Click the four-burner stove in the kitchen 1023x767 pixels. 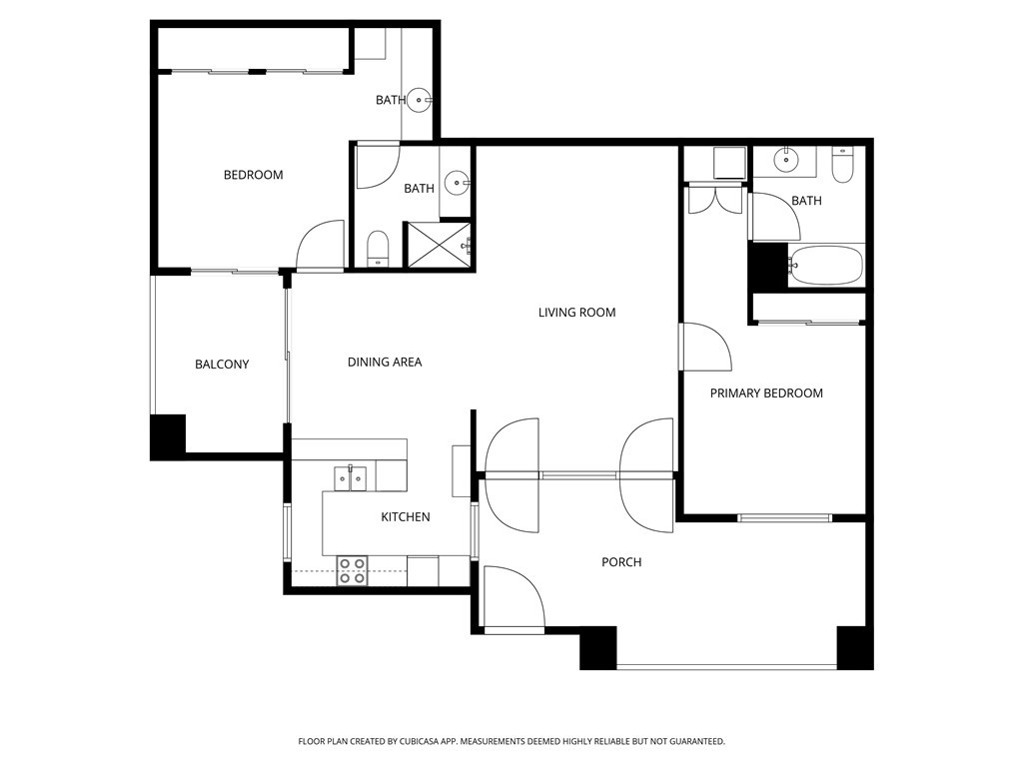352,570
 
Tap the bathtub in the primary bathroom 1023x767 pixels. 825,266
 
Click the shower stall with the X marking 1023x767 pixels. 436,245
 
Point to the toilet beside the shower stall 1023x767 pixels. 379,248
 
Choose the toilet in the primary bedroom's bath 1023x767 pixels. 842,165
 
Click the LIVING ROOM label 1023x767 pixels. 576,313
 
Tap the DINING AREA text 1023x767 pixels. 385,362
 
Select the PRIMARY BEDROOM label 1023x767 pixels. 766,393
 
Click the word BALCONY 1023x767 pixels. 222,365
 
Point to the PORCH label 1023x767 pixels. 621,562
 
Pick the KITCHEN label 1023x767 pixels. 406,517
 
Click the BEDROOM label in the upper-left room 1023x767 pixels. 253,175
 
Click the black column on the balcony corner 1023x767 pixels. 168,435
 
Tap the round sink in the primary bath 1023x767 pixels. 788,158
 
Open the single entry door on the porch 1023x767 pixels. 513,599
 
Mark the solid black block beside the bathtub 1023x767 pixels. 768,266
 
